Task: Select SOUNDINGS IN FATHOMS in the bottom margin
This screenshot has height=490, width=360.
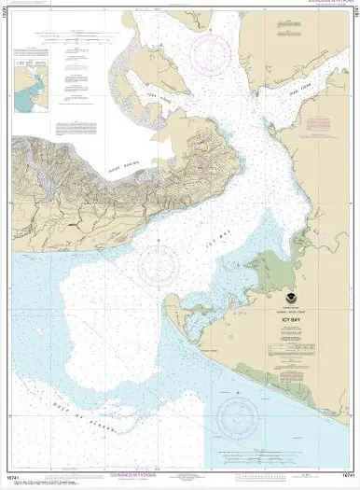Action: pyautogui.click(x=180, y=482)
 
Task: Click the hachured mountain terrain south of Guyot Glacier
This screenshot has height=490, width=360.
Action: pyautogui.click(x=140, y=177)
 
